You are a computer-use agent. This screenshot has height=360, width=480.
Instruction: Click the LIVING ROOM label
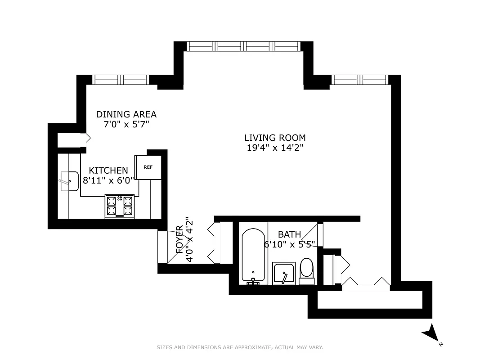tap(275, 138)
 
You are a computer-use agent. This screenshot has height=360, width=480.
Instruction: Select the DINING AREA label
tap(126, 114)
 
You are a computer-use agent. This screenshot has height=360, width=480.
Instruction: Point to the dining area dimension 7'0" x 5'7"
tap(126, 125)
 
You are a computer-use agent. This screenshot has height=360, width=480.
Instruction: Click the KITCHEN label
tap(108, 171)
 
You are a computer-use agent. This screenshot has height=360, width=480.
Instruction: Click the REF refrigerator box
tap(148, 167)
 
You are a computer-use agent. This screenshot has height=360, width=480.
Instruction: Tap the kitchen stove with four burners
tap(120, 206)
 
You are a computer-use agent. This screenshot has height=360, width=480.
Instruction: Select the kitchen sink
tap(68, 181)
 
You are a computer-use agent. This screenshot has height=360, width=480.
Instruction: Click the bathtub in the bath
tap(253, 257)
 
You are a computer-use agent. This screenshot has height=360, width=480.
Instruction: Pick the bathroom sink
tap(284, 274)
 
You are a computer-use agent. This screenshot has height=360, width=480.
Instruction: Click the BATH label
tap(289, 234)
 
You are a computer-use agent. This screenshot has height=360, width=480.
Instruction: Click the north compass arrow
tap(429, 333)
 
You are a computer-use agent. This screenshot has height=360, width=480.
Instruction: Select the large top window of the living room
tap(243, 46)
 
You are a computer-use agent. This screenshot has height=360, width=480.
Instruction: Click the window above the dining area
tap(121, 80)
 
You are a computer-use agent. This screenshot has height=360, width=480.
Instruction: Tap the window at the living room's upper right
tap(359, 80)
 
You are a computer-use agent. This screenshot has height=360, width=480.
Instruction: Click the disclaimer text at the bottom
tap(240, 347)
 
